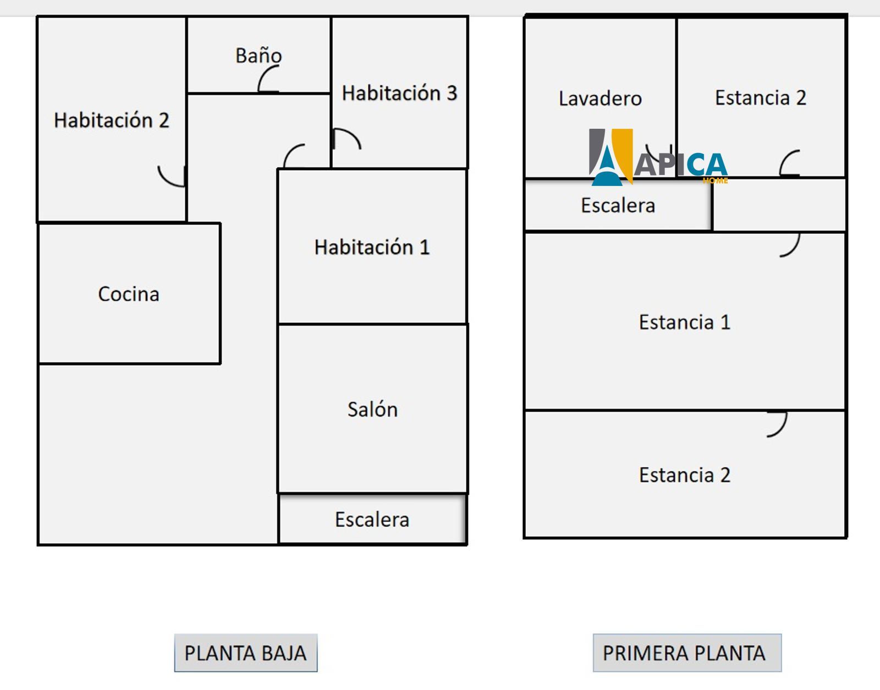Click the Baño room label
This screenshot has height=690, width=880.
click(258, 56)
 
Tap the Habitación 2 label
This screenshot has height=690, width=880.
click(111, 120)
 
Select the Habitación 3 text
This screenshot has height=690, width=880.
click(399, 93)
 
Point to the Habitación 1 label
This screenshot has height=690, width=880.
click(372, 247)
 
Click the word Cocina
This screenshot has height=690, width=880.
click(129, 294)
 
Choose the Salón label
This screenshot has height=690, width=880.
click(372, 409)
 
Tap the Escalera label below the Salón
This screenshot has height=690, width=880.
click(372, 519)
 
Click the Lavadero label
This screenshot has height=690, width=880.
click(600, 98)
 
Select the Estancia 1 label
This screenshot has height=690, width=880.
click(684, 322)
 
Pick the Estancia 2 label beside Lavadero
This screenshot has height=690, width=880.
click(760, 98)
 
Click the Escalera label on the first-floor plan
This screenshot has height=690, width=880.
click(618, 205)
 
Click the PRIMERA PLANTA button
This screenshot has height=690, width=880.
click(686, 653)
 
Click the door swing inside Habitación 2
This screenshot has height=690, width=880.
click(169, 177)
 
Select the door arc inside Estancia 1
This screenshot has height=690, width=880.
click(791, 245)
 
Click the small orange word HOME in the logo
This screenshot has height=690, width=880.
click(715, 180)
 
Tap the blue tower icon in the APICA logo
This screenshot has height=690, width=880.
click(607, 165)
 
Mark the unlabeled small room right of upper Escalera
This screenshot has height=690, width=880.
click(779, 205)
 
